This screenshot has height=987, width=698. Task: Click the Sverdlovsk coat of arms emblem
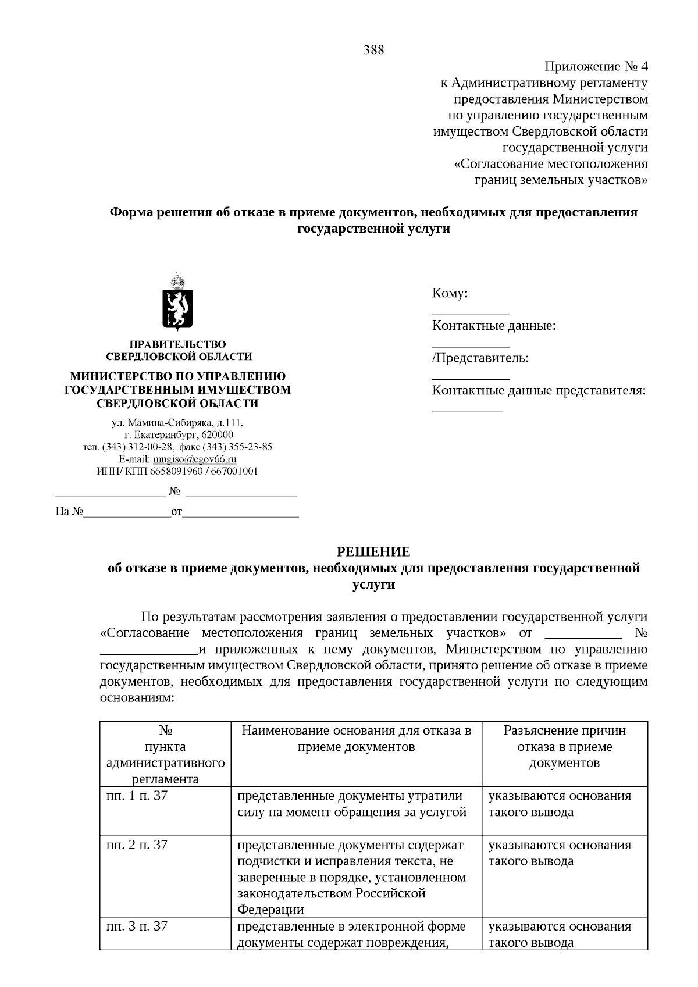click(177, 301)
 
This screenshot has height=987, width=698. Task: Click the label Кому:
click(450, 293)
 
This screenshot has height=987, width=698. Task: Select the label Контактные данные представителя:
click(539, 390)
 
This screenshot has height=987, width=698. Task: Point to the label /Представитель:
click(480, 358)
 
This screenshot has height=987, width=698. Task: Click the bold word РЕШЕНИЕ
click(374, 551)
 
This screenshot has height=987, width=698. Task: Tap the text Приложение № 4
click(596, 66)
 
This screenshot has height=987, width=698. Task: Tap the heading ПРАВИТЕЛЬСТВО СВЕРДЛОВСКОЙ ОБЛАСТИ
click(179, 351)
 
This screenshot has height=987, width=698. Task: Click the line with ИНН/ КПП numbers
click(177, 471)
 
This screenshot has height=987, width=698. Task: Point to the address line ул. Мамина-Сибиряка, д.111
click(177, 423)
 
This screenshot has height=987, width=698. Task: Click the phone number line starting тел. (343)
click(177, 447)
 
